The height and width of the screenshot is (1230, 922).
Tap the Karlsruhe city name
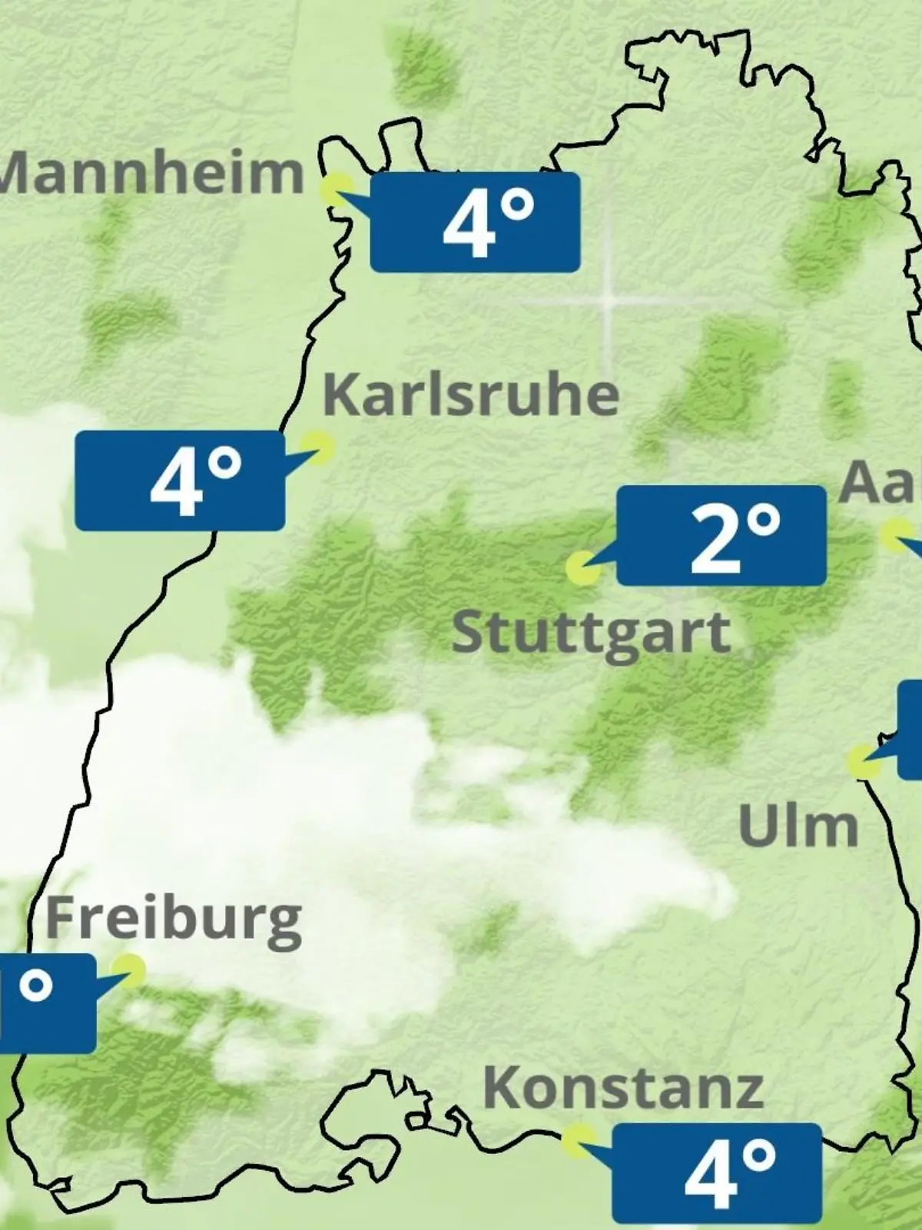(471, 394)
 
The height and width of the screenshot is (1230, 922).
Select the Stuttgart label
(591, 633)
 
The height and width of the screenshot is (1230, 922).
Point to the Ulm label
(798, 826)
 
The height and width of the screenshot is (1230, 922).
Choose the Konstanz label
(623, 1087)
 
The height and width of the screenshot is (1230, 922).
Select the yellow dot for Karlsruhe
(317, 447)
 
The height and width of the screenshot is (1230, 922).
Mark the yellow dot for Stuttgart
(583, 569)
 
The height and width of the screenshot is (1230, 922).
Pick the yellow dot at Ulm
(864, 761)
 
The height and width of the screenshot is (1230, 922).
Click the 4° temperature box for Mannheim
(475, 222)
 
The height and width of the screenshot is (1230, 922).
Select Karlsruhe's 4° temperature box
(180, 480)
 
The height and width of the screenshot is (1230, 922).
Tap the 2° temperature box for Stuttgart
(721, 535)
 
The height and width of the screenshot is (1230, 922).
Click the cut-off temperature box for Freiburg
(46, 1003)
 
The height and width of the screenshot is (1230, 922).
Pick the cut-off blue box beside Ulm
(911, 729)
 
